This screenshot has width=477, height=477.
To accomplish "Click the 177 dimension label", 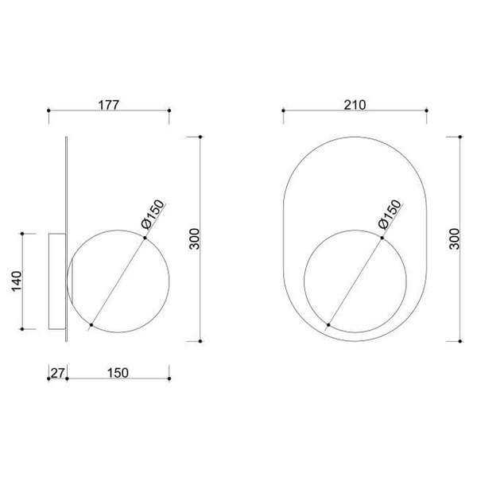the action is (109, 105).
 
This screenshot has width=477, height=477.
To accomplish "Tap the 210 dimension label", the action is (355, 105).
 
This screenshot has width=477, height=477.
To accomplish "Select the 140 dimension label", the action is (17, 281).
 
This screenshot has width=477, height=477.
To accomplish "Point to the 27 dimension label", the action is (57, 373).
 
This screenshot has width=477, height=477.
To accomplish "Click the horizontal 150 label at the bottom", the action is (118, 373).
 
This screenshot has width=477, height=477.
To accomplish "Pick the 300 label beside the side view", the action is (195, 238).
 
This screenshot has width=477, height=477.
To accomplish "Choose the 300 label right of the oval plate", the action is (455, 238).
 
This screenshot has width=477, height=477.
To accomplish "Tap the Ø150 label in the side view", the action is (153, 214).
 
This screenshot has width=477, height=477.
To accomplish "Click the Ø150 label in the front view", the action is (390, 214).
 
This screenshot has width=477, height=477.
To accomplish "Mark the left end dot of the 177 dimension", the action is (48, 111).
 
